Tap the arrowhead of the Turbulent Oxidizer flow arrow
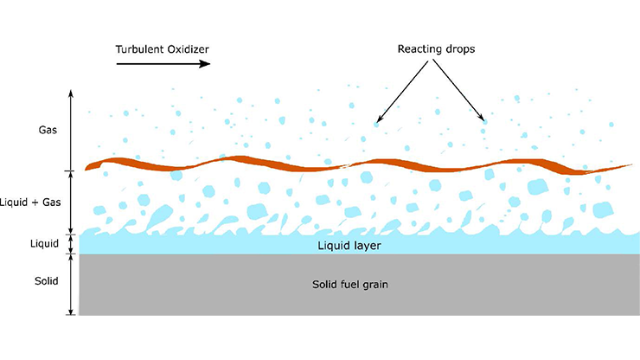pos(205,64)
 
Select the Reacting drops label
pos(437,49)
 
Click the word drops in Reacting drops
pos(460,49)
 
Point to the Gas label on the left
pos(48,130)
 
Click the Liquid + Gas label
pos(30,202)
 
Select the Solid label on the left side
pos(46,281)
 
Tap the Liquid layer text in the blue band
pos(349,246)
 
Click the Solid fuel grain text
pos(350,285)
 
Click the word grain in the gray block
pos(374,286)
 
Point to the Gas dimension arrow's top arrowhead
pos(71,93)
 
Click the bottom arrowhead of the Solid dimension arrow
pos(71,312)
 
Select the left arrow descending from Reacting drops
pos(403,91)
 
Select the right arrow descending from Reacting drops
pos(458,91)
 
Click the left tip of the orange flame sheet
pos(86,169)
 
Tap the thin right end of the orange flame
pos(631,165)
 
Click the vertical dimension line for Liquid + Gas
pos(71,202)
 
